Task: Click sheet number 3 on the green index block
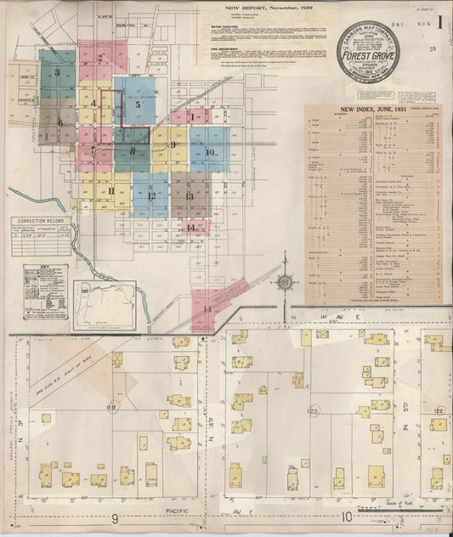[57, 72]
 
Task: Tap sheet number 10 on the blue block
[210, 153]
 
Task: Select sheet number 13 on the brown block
[189, 196]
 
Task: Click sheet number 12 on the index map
[150, 196]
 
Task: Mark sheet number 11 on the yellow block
[111, 190]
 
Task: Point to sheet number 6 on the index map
[59, 122]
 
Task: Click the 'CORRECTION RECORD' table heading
[37, 220]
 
